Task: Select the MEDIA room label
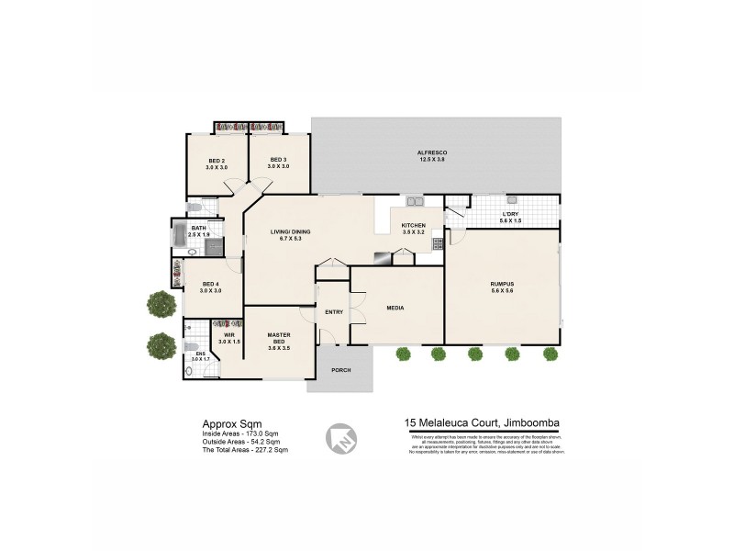point(396,309)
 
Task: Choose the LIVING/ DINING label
point(289,231)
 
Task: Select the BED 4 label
point(211,285)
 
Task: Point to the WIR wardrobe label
point(229,335)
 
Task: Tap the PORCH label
point(341,369)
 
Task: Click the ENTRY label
point(334,312)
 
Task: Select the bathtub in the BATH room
point(180,234)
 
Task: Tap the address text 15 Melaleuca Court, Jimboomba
point(483,423)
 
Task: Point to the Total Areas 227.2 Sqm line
point(245,450)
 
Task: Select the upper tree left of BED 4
point(162,303)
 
